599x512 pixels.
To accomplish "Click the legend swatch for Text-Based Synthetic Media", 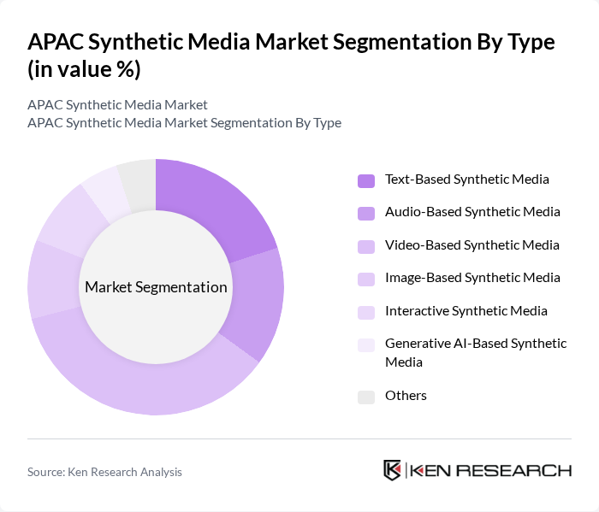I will point(366,180).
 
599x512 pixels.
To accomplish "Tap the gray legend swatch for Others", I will point(366,397).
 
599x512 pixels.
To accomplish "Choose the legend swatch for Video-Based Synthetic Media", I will point(366,246).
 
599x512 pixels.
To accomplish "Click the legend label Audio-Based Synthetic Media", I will point(472,212).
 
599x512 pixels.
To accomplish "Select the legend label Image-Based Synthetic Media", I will point(472,278).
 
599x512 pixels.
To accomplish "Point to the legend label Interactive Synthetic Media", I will point(466,310).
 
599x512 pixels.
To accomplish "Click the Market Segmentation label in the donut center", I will point(156,287).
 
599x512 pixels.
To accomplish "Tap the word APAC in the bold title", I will point(56,42).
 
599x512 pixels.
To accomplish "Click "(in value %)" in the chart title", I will point(83,69).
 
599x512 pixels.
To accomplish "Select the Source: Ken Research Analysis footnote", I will point(104,472).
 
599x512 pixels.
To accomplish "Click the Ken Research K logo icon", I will point(393,470).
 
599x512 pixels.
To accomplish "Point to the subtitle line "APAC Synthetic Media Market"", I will point(117,105).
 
